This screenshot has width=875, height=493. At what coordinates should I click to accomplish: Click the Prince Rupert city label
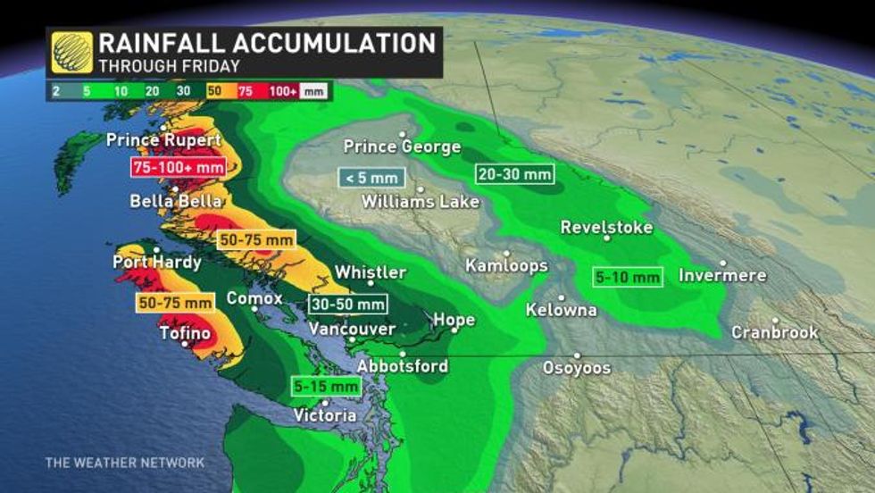(x=163, y=140)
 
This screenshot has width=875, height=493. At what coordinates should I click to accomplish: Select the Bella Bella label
(x=176, y=201)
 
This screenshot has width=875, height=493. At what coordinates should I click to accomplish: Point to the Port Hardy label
(x=157, y=263)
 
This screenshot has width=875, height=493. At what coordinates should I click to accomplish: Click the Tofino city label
(x=185, y=333)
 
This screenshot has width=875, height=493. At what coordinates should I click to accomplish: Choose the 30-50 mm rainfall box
(x=348, y=304)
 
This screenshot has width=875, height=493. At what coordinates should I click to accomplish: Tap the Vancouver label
(x=352, y=329)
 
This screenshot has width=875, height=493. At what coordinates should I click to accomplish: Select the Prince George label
(x=402, y=146)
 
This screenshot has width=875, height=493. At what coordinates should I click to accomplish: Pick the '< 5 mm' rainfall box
(x=371, y=177)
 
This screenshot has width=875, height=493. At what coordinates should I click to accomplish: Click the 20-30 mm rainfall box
(x=513, y=173)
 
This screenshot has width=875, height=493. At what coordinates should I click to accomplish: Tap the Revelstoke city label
(x=606, y=227)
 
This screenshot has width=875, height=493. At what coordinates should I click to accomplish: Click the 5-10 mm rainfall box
(x=628, y=277)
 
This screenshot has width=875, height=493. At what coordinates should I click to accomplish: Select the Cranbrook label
(x=775, y=332)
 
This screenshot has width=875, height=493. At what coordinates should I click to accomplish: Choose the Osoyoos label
(x=577, y=368)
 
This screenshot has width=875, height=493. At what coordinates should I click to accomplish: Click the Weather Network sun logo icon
(x=71, y=52)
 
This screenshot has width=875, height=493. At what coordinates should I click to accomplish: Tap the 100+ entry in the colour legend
(x=283, y=91)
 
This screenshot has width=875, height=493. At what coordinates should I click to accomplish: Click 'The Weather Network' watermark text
(x=125, y=463)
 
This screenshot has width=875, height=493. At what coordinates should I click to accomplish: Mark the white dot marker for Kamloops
(x=506, y=254)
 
